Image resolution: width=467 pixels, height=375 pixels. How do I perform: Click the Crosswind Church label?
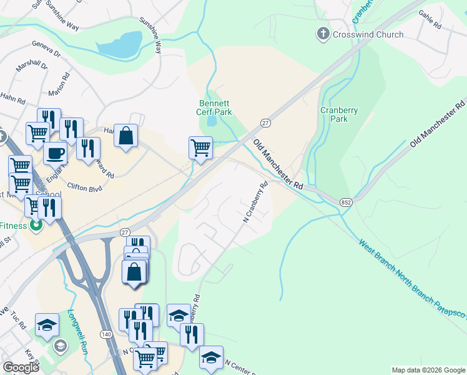368,34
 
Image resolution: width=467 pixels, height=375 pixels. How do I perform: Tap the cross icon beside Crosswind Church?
323,34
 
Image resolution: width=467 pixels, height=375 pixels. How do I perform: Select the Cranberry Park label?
339,114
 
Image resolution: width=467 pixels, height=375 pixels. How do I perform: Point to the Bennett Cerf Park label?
215,107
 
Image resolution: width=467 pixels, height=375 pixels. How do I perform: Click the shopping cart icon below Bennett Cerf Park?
200,147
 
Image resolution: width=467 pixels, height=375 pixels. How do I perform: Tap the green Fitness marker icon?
36,226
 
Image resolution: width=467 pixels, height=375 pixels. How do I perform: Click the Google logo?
21,367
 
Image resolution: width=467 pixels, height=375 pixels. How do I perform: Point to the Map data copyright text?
428,370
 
